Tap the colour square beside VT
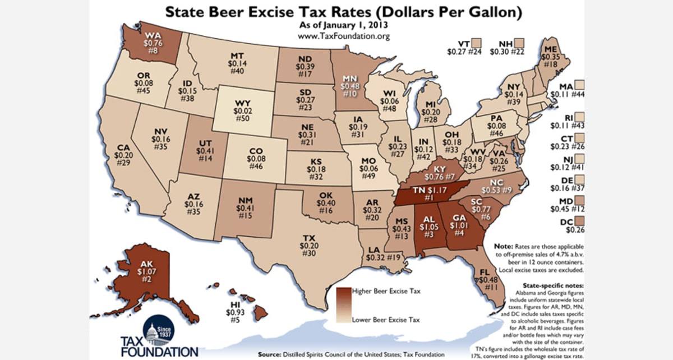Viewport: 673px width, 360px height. point(477,43)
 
